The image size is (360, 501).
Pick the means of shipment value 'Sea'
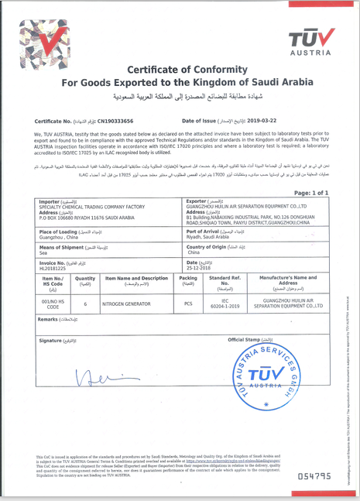[43, 252]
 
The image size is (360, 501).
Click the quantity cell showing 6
[85, 304]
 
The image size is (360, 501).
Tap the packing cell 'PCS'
[187, 304]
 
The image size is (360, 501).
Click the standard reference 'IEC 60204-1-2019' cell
[225, 304]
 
